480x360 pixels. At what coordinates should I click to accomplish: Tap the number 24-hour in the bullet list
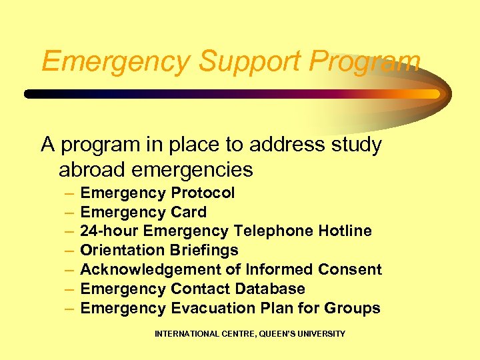pyautogui.click(x=109, y=231)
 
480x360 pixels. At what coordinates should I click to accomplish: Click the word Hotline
pyautogui.click(x=345, y=231)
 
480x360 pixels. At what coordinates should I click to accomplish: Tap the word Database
pyautogui.click(x=271, y=289)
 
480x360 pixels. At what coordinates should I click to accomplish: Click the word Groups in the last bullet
pyautogui.click(x=352, y=309)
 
